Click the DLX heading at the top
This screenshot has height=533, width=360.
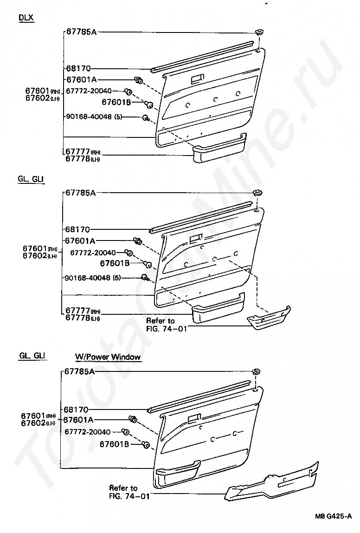tap(26, 18)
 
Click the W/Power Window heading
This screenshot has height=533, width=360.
tap(108, 357)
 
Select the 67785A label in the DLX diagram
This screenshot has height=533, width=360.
tap(81, 32)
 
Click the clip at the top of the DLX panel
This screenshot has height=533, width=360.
tap(259, 33)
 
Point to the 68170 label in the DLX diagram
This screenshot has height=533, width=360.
tap(77, 68)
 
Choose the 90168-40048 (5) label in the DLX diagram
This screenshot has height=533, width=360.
tap(93, 117)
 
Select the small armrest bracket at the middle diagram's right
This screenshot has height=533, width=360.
tap(268, 317)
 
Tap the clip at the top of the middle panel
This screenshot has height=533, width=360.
tap(256, 193)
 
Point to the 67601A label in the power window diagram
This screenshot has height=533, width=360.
tap(78, 420)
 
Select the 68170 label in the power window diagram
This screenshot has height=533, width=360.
tap(77, 409)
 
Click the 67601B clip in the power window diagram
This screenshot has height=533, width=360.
tap(146, 445)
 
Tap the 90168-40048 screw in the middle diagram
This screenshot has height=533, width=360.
tap(145, 278)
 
